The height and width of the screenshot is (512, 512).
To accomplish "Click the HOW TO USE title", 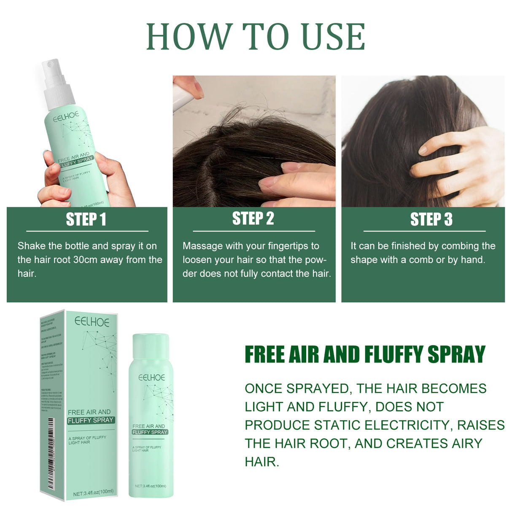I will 256,37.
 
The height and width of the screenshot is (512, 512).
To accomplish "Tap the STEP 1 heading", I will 86,219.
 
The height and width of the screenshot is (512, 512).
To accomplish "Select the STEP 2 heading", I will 253,218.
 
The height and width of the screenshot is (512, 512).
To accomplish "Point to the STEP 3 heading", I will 431,219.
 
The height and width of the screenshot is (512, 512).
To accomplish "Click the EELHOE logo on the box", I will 92,322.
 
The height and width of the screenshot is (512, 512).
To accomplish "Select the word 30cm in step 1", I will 85,260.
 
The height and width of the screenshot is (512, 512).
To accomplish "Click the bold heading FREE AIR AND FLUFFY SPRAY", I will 365,354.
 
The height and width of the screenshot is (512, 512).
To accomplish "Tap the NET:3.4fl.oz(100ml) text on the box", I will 93,492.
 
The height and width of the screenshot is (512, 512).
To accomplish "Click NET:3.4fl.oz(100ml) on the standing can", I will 151,486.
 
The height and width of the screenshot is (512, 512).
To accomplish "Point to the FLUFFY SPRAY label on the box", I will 91,420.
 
